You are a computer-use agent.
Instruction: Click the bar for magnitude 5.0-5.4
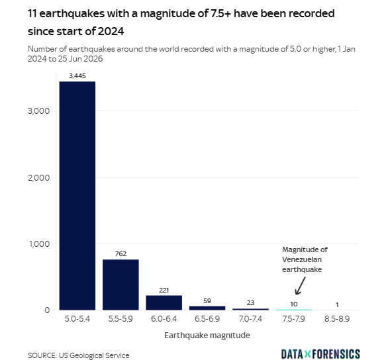point(77,196)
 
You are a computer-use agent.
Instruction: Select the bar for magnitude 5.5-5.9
point(121,285)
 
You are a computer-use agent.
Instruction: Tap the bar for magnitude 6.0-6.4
point(164,302)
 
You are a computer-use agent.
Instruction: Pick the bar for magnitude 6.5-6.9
point(207,308)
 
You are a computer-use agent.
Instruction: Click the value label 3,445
point(77,76)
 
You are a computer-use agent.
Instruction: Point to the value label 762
point(121,253)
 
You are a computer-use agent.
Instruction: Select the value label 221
point(164,290)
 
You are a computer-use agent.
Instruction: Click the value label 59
point(207,301)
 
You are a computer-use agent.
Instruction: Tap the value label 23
point(250,303)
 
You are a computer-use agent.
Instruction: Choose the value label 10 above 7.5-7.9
point(294,304)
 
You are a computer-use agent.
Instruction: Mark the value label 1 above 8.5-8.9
point(337,304)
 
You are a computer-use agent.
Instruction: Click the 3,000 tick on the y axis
point(39,111)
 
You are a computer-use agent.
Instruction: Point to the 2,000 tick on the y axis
point(39,177)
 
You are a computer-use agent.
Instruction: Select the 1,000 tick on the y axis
point(39,244)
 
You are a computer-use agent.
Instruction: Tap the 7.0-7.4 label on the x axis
point(250,318)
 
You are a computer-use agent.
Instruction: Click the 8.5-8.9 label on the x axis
point(337,318)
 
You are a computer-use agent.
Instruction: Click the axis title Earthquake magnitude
point(207,336)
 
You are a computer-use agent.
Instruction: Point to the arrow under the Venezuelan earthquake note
point(300,286)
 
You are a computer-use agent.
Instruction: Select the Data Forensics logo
point(321,354)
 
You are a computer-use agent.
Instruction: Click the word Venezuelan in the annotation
point(302,259)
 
